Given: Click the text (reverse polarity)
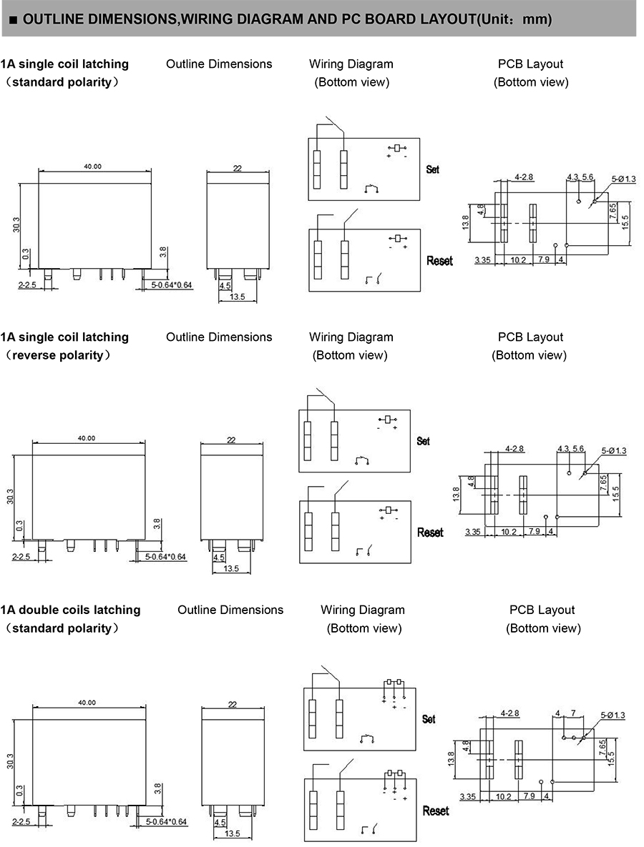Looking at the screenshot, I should coord(58,355).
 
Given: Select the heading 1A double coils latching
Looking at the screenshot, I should coord(70,610).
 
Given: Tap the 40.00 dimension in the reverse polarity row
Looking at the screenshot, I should coord(87,438).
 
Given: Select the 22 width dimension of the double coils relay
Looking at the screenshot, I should coord(233,704).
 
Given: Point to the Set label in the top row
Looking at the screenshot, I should coord(432,169).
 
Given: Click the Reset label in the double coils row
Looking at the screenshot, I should coord(436,811).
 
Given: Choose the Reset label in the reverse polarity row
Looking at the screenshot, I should coord(430,533).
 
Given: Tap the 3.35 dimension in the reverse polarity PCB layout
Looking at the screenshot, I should coord(472,532).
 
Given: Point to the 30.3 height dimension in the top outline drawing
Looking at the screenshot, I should coord(16,224).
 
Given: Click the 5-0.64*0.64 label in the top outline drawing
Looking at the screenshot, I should coord(172,285).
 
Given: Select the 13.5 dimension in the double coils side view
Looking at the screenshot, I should coord(233,834).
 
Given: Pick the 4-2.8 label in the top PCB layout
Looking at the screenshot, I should coord(524,176).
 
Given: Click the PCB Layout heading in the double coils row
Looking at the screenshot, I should coord(542,610).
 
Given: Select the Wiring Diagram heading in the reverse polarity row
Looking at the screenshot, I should coord(351,337).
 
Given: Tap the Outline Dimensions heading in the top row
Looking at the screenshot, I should coord(219,64).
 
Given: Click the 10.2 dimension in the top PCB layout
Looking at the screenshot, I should coord(519,260).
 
